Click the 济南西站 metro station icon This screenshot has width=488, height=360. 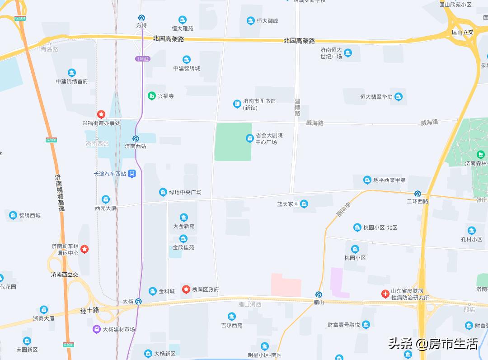point(136,138)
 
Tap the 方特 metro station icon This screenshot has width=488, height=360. point(141,18)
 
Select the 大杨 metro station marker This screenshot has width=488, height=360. point(138,301)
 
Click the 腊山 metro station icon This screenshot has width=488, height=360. point(319,294)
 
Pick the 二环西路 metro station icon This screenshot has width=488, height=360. point(418,194)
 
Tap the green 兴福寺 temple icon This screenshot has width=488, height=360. point(151,96)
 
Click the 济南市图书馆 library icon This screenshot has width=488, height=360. point(237,104)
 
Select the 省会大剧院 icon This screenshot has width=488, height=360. point(249,138)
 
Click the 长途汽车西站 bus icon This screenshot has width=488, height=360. point(132,173)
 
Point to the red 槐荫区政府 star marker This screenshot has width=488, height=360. point(186,289)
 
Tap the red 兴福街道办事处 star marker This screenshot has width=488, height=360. point(101,114)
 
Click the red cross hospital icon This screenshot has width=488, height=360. point(385,294)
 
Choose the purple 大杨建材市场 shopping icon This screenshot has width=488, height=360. point(96,329)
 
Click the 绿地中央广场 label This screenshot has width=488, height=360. point(185,192)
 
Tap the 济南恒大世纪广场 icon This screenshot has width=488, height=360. point(347,53)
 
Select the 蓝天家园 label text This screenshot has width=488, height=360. point(288,204)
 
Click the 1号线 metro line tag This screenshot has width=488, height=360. point(142,59)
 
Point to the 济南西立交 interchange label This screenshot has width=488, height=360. point(65,275)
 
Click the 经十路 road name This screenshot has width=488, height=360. point(89,310)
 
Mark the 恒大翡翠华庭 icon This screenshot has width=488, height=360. point(398,97)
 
